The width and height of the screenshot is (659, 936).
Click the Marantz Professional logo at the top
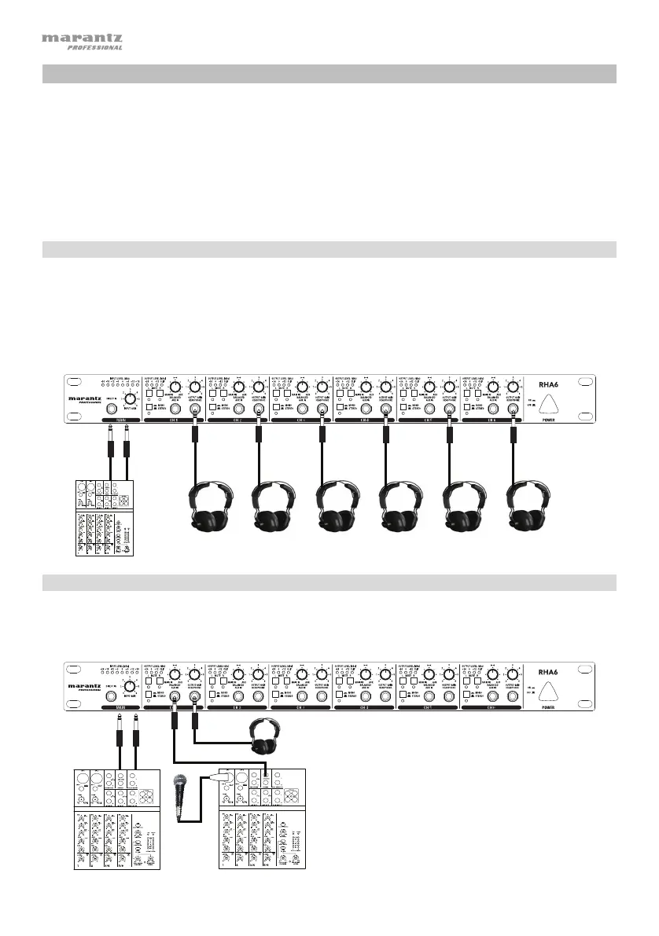point(81,41)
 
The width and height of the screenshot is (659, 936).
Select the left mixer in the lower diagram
point(115,818)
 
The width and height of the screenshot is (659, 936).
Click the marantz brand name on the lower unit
point(84,685)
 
